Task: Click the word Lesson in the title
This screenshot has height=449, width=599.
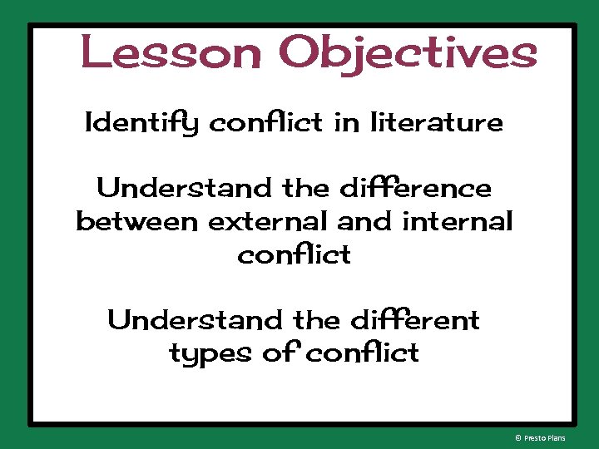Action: tap(172, 52)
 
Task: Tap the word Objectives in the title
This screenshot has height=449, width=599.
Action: tap(408, 54)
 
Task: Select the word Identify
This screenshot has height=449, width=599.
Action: tap(142, 125)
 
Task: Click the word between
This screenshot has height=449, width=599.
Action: tap(137, 222)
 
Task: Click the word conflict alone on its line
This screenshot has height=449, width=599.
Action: tap(295, 254)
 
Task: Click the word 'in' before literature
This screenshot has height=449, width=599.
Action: tap(345, 123)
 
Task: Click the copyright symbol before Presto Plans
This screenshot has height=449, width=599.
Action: tap(518, 437)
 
